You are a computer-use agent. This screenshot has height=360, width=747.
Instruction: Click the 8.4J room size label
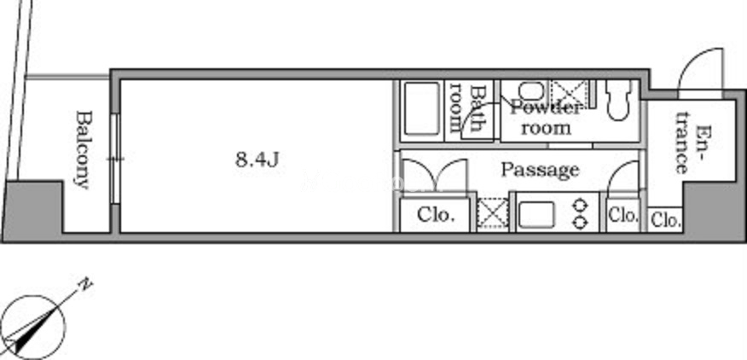(257, 160)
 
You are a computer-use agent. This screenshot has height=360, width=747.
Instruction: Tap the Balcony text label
(84, 150)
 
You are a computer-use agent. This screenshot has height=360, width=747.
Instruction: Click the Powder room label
(546, 119)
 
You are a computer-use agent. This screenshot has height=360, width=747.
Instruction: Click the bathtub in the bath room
(421, 109)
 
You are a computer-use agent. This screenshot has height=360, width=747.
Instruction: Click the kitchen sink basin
(536, 215)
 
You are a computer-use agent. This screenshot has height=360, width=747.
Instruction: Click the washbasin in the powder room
(527, 90)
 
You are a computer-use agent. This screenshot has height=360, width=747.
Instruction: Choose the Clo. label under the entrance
(665, 220)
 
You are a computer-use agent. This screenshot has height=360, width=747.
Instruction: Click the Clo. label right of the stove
(623, 216)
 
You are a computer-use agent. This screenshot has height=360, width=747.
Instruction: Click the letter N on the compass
(85, 285)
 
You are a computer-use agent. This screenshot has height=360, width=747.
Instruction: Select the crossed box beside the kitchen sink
(492, 213)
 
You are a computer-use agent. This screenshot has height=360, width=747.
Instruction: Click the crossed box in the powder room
(570, 90)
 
